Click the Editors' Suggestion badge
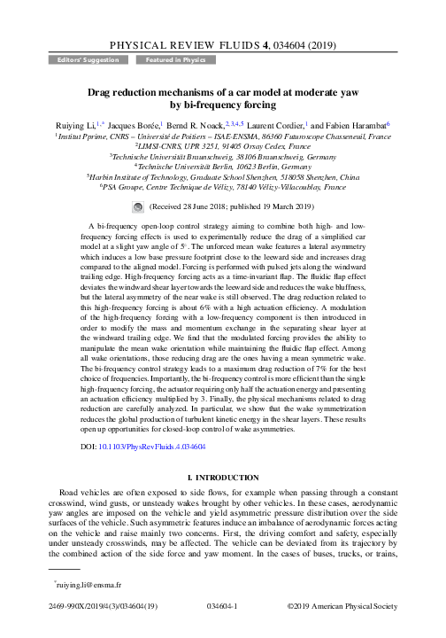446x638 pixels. pyautogui.click(x=77, y=60)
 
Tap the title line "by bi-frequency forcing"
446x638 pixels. pyautogui.click(x=223, y=105)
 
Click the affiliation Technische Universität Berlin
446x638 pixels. pyautogui.click(x=221, y=164)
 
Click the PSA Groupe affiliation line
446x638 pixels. pyautogui.click(x=223, y=189)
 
